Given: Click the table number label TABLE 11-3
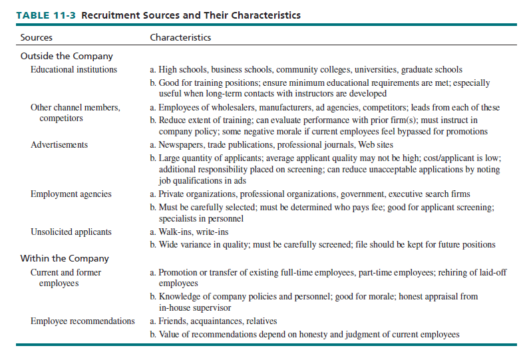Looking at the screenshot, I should [x=42, y=15].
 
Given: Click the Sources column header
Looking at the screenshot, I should [x=37, y=37].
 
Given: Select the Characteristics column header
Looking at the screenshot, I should [x=180, y=37].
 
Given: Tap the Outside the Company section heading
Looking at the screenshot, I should [x=67, y=57].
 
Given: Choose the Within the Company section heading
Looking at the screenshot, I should [x=65, y=258].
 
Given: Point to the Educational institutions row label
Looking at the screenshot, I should [x=74, y=70].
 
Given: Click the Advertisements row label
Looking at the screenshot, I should [x=59, y=144].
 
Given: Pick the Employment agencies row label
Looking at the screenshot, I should [x=71, y=194].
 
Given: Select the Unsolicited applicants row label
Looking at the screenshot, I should [x=71, y=232].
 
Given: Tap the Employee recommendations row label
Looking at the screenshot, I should [x=83, y=321].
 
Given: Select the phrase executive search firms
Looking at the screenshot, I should [x=429, y=194].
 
